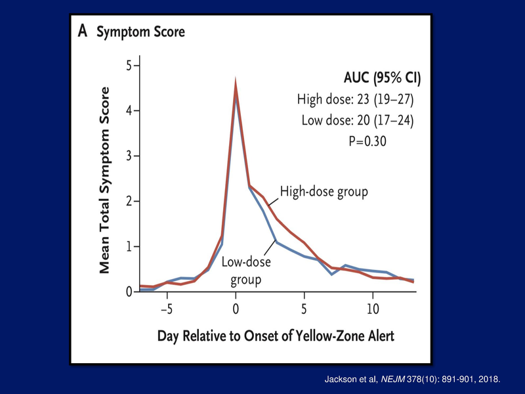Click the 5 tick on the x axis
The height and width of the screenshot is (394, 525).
[304, 308]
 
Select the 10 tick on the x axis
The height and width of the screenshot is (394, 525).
[372, 308]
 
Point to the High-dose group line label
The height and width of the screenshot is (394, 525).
[324, 191]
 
